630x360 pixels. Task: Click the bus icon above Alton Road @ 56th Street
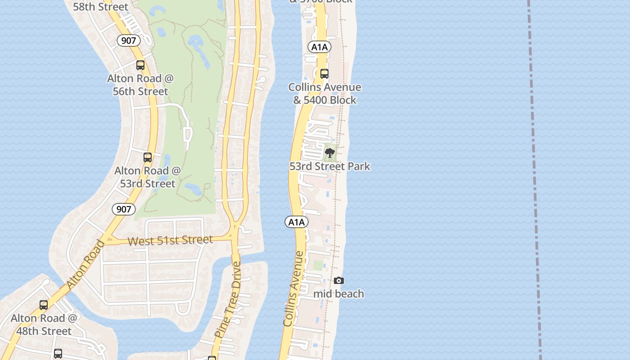coord(140,65)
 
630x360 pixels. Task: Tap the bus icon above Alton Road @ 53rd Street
coord(148,157)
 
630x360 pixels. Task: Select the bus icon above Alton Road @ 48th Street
coord(44,305)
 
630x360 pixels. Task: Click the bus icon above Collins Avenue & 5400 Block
coord(324,74)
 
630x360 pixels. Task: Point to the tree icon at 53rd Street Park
coord(330,153)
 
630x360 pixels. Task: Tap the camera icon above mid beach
coord(339,281)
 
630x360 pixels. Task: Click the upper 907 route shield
coord(129,40)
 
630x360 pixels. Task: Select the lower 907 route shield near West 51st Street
coord(123,209)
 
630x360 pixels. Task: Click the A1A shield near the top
coord(320,47)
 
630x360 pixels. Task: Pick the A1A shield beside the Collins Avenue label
coord(297,222)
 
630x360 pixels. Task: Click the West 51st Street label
coord(170,240)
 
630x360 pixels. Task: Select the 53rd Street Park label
coord(330,166)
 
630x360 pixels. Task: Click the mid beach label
coord(339,294)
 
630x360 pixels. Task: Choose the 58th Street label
coord(100,7)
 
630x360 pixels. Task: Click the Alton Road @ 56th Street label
coord(140,85)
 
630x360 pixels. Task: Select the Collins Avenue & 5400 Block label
coord(325,94)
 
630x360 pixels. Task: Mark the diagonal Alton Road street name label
coord(85,265)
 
